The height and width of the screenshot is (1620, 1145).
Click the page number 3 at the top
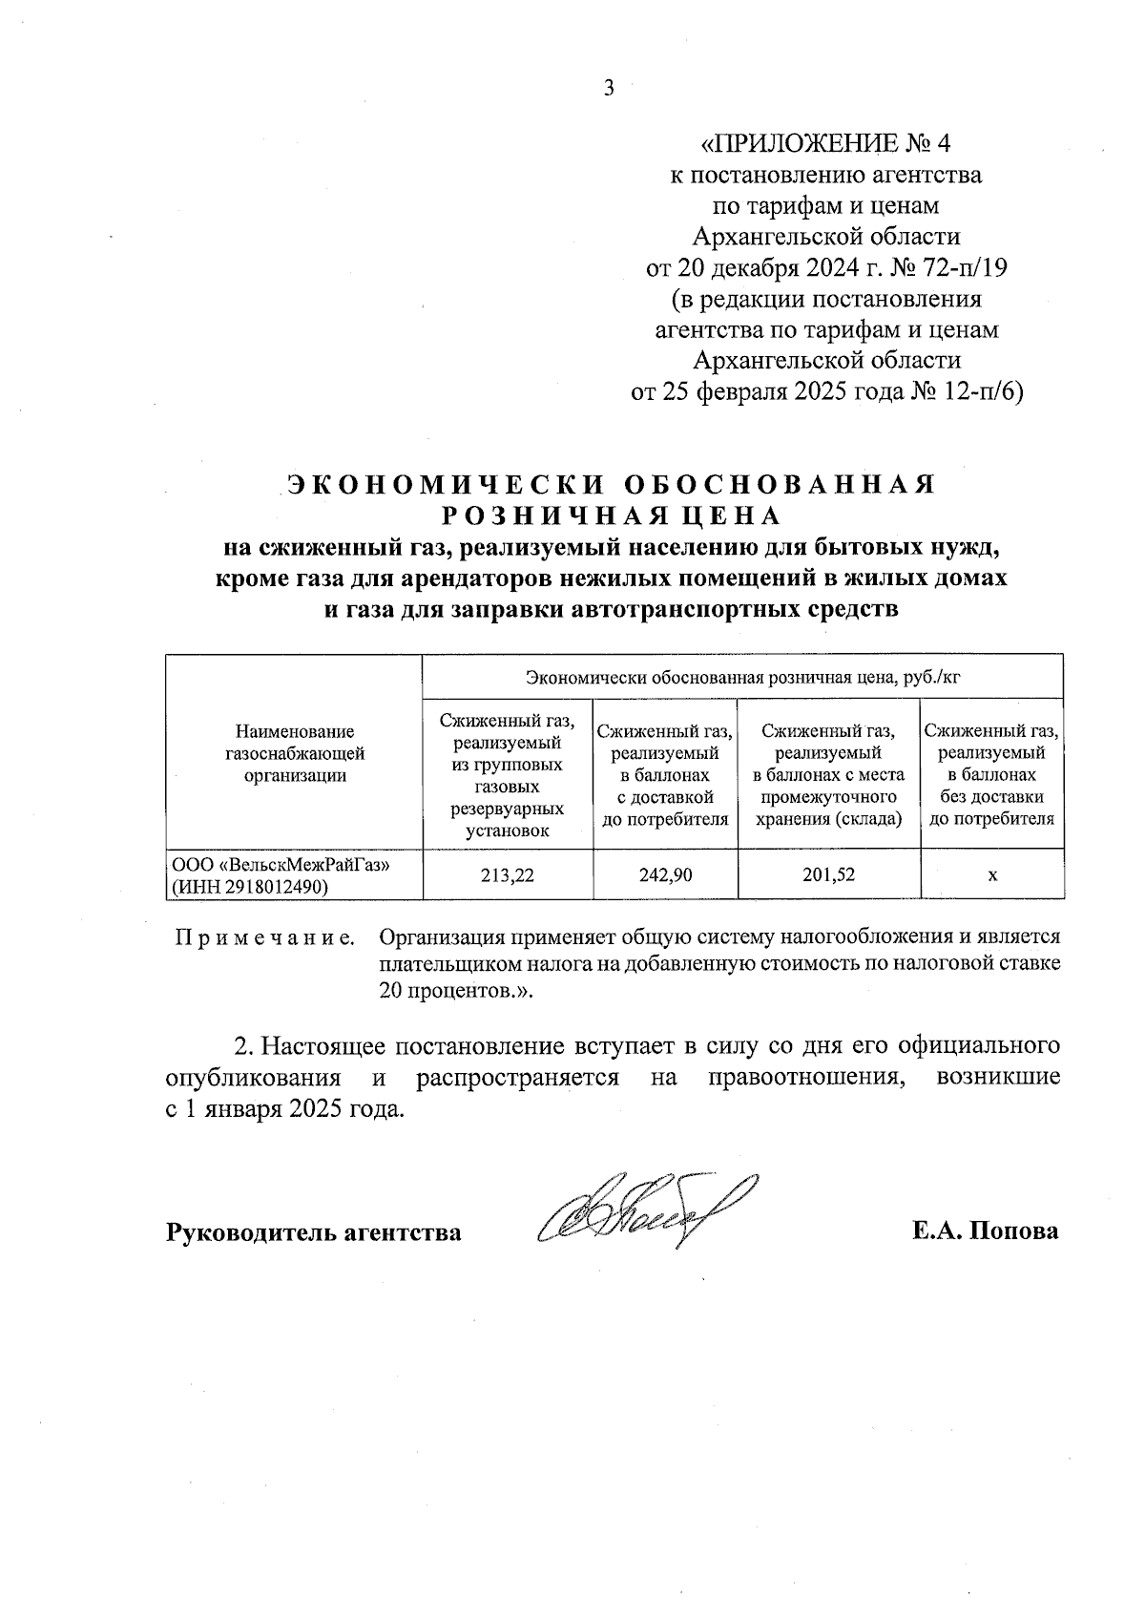coord(609,89)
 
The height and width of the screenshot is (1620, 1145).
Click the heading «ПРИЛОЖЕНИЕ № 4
coord(826,144)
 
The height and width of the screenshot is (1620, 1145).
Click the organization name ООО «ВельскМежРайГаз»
coord(281,863)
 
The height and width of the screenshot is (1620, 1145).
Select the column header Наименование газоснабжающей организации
coord(295,753)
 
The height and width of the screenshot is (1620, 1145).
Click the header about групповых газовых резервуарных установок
coord(508,776)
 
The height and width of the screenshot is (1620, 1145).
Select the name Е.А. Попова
coord(985,1231)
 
